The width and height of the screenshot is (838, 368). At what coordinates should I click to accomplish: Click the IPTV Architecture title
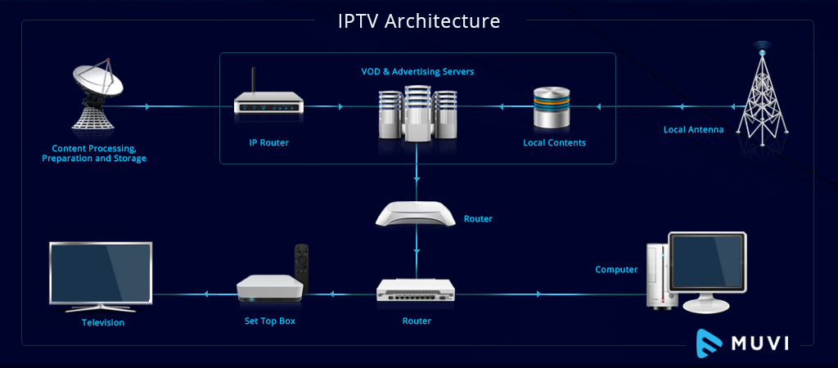[x=418, y=20]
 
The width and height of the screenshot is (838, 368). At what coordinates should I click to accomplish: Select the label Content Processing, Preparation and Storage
[x=94, y=153]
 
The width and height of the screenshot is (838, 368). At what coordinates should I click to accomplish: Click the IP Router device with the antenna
[x=268, y=102]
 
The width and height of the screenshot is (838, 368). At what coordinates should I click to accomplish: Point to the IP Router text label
[x=268, y=142]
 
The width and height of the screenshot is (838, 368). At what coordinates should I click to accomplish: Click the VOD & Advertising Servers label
[x=417, y=72]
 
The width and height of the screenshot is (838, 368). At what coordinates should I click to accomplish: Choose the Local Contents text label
[x=554, y=142]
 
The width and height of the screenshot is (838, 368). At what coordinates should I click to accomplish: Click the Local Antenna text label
[x=693, y=129]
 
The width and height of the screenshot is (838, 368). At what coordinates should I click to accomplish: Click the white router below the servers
[x=417, y=213]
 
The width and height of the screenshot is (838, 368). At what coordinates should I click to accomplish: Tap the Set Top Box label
[x=269, y=321]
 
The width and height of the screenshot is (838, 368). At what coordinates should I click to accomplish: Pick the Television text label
[x=103, y=322]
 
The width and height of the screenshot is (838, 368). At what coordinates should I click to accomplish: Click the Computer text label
[x=616, y=269]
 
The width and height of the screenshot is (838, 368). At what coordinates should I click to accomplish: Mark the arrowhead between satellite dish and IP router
[x=146, y=106]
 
